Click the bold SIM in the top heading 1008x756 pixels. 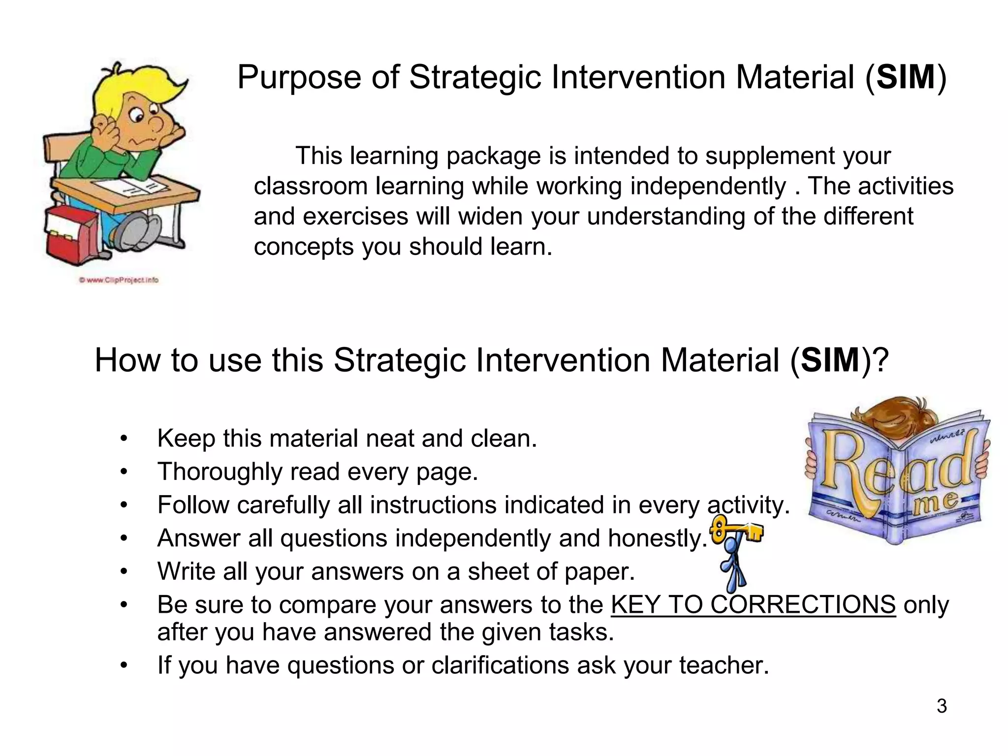906,77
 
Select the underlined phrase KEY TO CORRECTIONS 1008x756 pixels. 753,604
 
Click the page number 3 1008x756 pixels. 942,706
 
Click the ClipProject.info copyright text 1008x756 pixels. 118,280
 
